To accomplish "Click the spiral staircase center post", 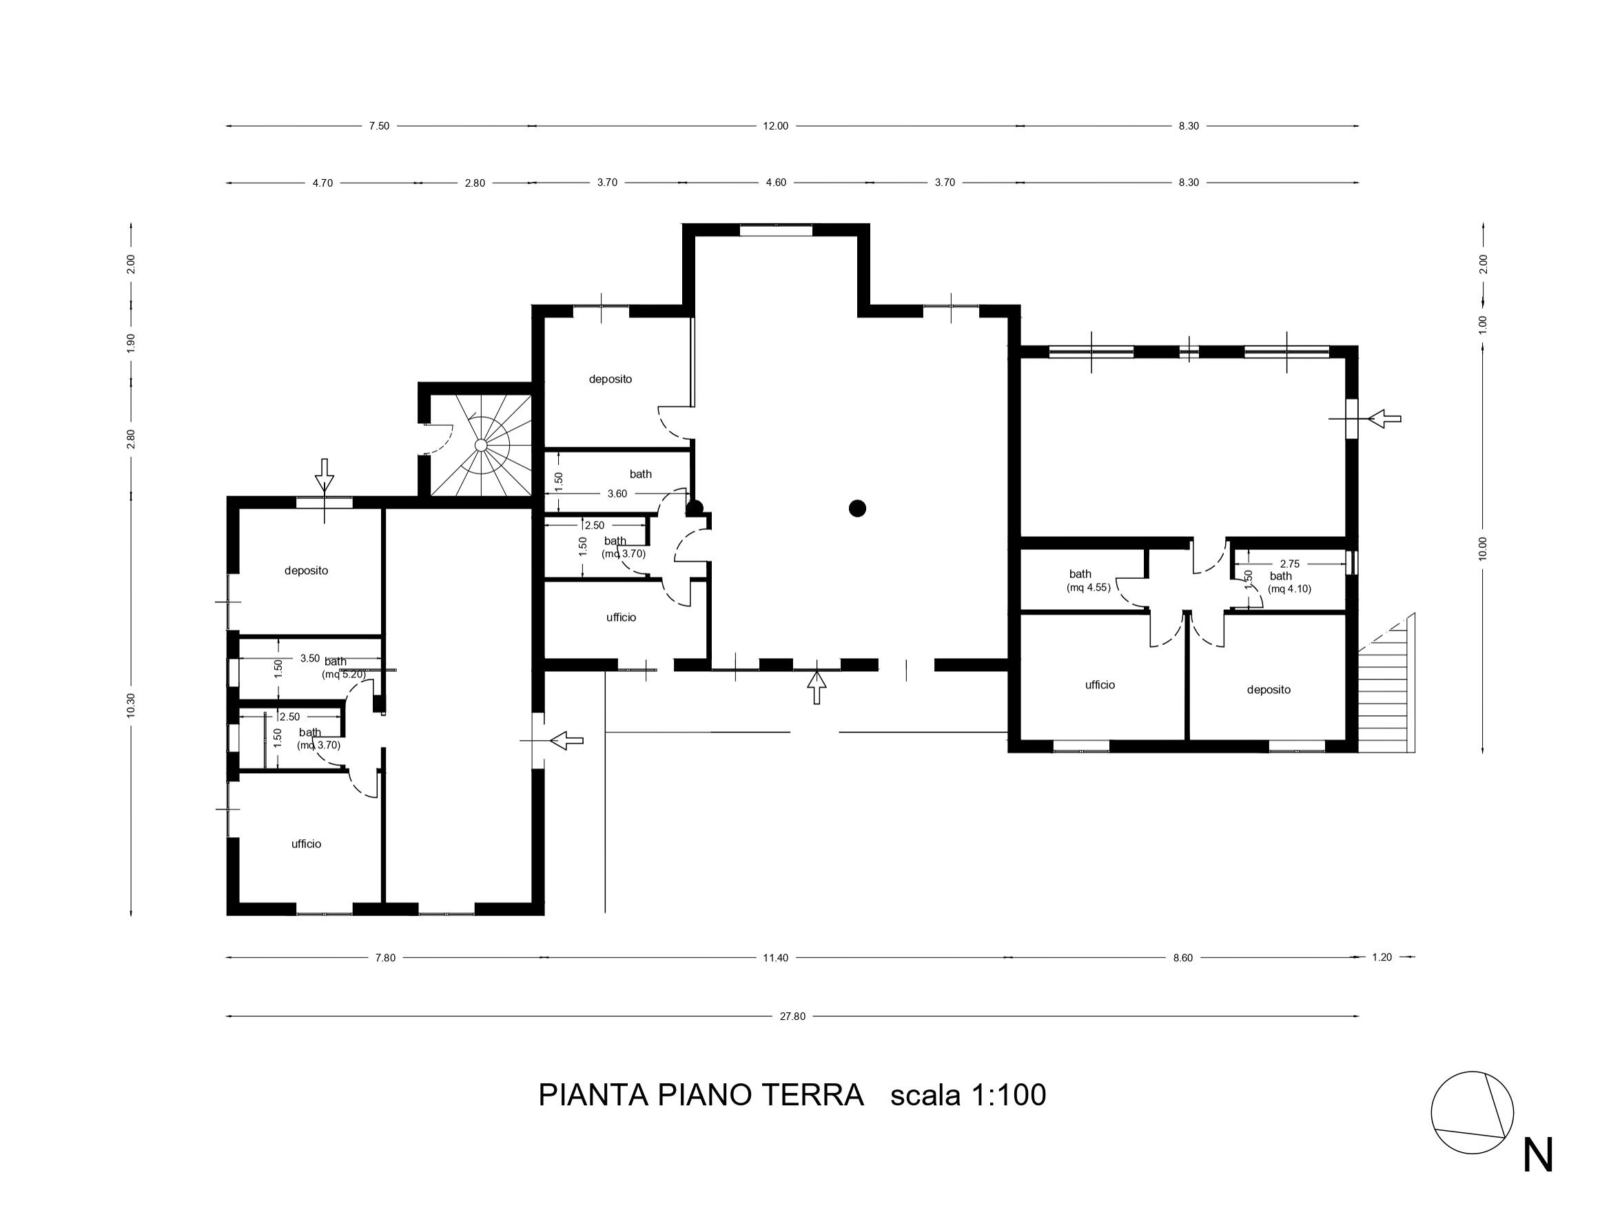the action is [x=481, y=445].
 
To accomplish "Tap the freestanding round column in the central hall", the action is [x=857, y=509].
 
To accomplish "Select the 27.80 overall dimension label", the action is [x=792, y=1016].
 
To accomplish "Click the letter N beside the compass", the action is [x=1538, y=1156].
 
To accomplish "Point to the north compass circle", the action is [x=1472, y=1113].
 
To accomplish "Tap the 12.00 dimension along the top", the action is [x=776, y=126].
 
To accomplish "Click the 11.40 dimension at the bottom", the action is [x=776, y=959].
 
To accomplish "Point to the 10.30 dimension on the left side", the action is [x=131, y=706].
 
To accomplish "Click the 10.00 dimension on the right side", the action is [x=1483, y=549].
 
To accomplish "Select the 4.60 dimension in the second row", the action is [x=777, y=183].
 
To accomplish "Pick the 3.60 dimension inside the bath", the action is [x=617, y=493].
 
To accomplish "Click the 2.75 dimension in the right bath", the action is [x=1290, y=564].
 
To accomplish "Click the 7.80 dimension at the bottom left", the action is [x=385, y=959].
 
